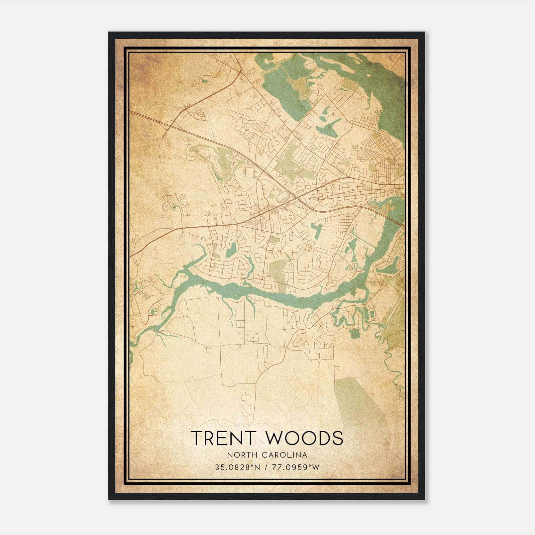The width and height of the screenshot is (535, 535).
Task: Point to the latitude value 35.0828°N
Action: (237, 467)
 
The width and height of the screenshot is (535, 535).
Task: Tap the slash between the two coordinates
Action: (266, 467)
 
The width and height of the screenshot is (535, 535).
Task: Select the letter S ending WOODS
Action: (337, 438)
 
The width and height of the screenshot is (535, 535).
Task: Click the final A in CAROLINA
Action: (305, 455)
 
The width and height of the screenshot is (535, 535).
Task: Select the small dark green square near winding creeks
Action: (353, 333)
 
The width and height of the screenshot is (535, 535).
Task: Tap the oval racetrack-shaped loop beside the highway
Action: (201, 115)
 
